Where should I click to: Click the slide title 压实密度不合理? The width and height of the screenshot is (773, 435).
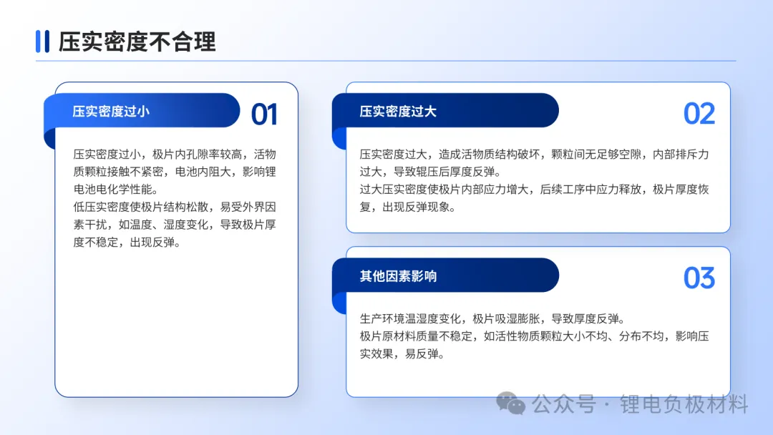click(x=137, y=41)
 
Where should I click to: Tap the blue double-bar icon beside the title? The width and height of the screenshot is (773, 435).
click(x=42, y=41)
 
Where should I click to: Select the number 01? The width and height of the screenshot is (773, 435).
click(x=264, y=114)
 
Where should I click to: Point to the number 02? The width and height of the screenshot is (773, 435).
click(x=699, y=114)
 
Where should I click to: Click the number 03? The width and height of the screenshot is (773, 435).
click(x=699, y=278)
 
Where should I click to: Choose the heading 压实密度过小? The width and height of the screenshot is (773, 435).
click(x=111, y=112)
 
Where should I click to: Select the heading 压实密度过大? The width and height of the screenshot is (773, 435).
click(x=398, y=112)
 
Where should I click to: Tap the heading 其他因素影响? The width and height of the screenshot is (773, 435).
click(x=399, y=276)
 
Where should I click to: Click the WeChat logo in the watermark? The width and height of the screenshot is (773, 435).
click(x=511, y=404)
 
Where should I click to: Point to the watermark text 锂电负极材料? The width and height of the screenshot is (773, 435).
click(x=684, y=404)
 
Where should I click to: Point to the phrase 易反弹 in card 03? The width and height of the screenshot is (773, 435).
click(x=422, y=353)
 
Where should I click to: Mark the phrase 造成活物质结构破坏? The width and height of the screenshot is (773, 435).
click(x=490, y=155)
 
